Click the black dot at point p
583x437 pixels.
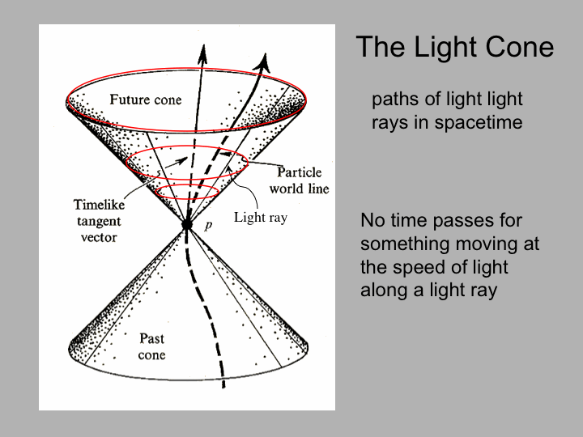point(187,224)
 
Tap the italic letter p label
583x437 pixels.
point(209,225)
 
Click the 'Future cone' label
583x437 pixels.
point(146,100)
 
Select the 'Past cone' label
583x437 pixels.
point(151,346)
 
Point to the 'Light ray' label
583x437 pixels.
point(260,218)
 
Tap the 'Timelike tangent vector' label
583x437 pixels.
point(99,221)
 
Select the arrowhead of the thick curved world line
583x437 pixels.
point(263,62)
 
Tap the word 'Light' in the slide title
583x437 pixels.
point(446,48)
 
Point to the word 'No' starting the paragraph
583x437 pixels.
point(372,220)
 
